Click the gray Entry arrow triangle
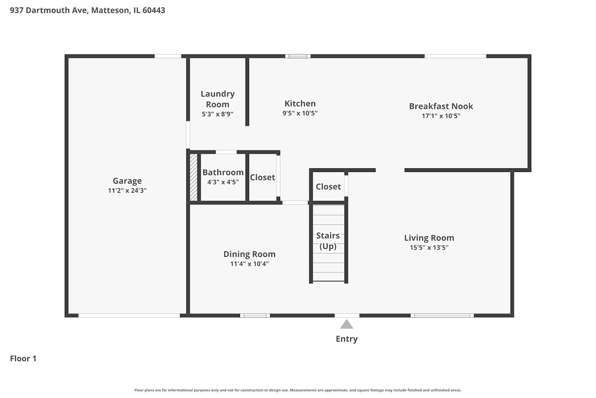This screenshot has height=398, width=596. pos(346,324)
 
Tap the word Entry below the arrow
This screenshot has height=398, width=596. pos(346,339)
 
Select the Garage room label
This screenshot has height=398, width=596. pos(127,181)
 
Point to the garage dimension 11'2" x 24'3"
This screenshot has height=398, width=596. pos(127,190)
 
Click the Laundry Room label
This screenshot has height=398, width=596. pos(218,99)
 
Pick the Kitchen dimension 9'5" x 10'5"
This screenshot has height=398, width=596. pos(300,113)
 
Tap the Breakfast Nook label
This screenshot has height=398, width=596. pos(441,106)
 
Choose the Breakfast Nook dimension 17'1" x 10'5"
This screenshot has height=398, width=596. pos(441,116)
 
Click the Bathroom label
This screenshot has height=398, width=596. pos(223,172)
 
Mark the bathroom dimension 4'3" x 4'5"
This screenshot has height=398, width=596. pos(223,182)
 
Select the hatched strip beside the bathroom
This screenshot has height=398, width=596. pos(194,177)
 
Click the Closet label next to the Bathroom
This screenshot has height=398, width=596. pos(262,177)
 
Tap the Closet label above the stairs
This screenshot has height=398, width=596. pos(328,187)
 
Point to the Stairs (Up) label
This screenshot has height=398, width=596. pos(328,241)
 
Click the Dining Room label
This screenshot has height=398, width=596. pos(249,254)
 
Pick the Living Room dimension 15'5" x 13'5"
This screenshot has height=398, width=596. pos(429,248)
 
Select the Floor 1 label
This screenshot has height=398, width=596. pos(23,358)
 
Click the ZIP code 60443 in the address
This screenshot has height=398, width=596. pos(154,10)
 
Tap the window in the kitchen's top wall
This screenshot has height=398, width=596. pos(298,56)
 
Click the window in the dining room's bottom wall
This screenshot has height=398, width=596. pos(255,315)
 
